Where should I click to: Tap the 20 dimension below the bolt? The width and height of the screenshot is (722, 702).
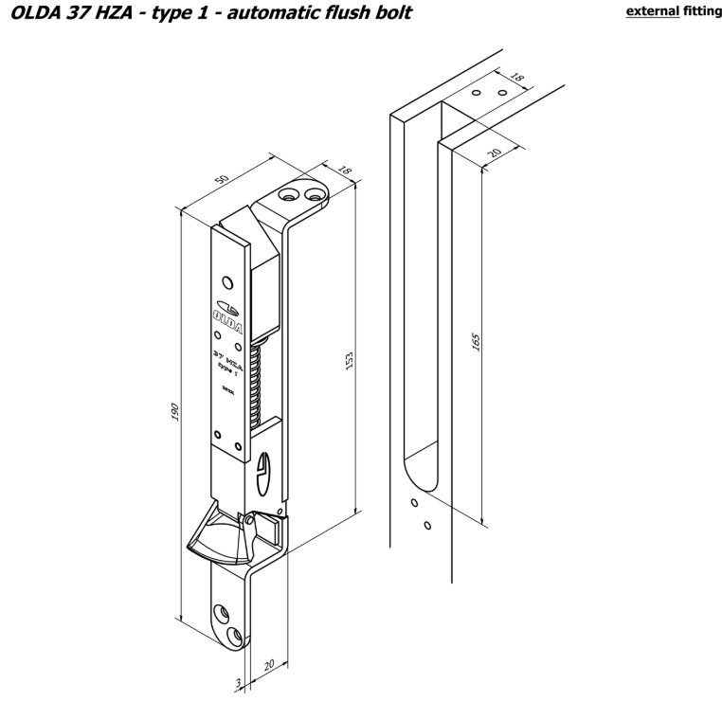tap(270, 666)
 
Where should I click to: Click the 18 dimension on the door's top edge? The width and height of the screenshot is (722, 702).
tap(515, 79)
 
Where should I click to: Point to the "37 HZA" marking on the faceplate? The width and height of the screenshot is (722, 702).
tap(227, 355)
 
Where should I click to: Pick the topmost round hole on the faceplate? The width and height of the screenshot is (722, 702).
tap(227, 281)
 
